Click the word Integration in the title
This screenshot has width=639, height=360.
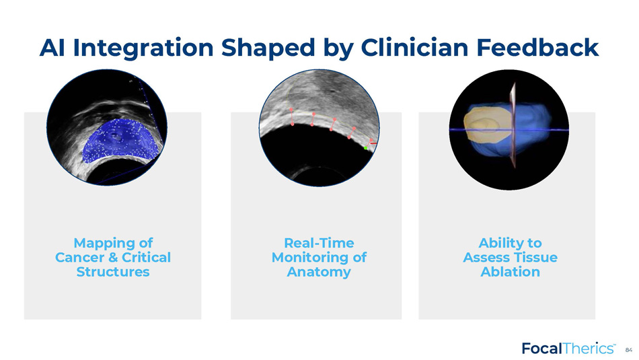click(x=143, y=48)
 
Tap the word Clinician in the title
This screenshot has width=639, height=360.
click(x=414, y=47)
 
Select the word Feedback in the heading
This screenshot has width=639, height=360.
click(x=537, y=47)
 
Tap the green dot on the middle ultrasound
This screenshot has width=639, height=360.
click(x=365, y=148)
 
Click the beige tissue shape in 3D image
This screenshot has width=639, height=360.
click(x=487, y=124)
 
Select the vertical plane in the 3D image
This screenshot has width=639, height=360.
click(x=513, y=124)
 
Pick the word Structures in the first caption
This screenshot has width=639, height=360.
click(x=113, y=272)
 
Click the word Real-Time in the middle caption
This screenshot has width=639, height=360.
click(x=319, y=243)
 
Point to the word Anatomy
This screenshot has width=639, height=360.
click(x=319, y=273)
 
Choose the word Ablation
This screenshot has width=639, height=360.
click(x=511, y=272)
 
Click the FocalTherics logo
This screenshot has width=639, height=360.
click(x=568, y=348)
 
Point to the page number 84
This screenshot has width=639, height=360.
click(x=629, y=350)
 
